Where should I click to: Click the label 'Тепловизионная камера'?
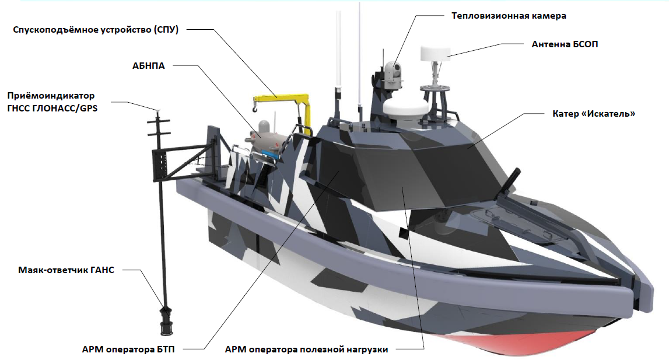[x=509, y=16]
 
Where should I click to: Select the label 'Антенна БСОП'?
[x=565, y=44]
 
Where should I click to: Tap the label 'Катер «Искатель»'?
[x=593, y=113]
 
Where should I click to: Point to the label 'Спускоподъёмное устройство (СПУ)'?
[x=96, y=30]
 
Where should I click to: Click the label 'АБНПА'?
[x=149, y=66]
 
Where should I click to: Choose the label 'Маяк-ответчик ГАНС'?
[x=66, y=270]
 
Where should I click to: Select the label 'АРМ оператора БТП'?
[x=128, y=349]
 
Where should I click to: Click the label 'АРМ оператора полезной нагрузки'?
[x=306, y=349]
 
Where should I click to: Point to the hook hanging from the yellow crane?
[x=254, y=107]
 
